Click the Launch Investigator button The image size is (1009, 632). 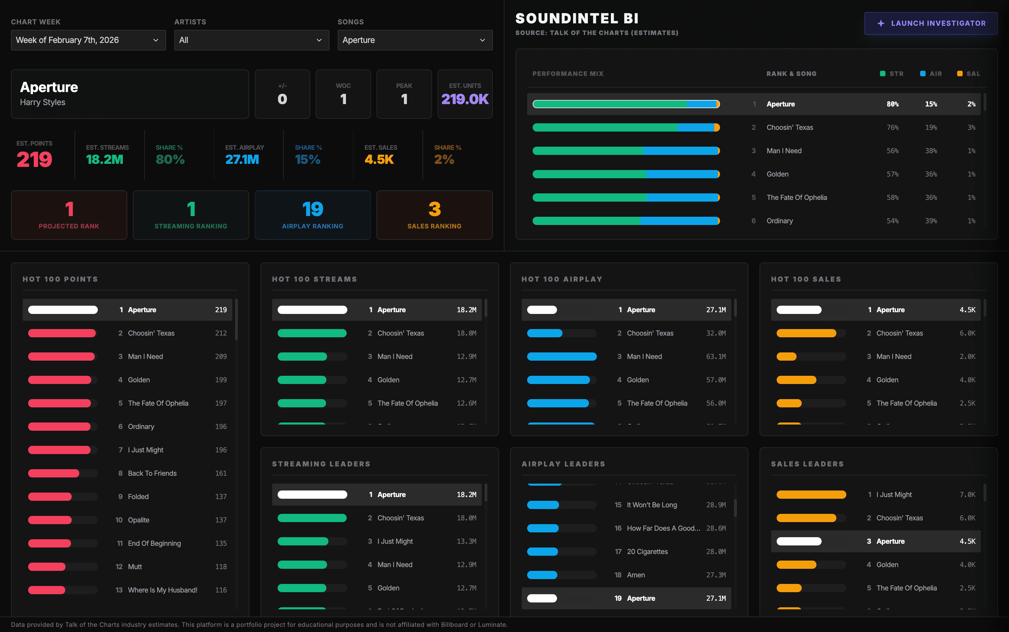pos(931,23)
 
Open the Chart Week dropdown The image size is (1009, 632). pos(88,40)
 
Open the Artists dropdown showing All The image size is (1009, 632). pos(252,40)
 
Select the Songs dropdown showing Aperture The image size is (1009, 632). pos(415,40)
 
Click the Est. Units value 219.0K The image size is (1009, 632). pos(465,99)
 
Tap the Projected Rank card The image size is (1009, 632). pos(69,215)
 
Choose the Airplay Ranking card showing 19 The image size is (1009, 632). pos(312,215)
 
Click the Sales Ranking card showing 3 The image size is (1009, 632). pos(434,215)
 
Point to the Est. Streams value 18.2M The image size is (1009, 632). pos(104,160)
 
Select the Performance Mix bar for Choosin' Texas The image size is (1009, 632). pos(626,127)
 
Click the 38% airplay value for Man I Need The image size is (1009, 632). pos(930,151)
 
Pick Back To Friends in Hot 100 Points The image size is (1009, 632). pos(152,473)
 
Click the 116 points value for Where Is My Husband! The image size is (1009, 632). pos(221,590)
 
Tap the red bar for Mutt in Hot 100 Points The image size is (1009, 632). pos(47,567)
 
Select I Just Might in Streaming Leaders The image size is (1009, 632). pos(395,541)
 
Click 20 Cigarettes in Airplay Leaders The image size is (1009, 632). pos(647,552)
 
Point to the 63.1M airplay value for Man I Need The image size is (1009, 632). pos(716,357)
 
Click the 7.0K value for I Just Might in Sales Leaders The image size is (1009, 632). pos(967,495)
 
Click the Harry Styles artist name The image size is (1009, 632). pos(43,102)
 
